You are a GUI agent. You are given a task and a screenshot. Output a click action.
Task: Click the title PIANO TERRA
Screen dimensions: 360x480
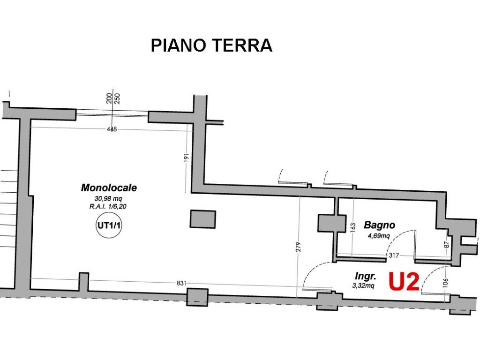point(211,45)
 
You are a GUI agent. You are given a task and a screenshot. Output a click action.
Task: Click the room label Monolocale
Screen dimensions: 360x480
point(109,188)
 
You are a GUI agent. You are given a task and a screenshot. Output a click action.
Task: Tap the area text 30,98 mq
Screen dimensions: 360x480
point(109,198)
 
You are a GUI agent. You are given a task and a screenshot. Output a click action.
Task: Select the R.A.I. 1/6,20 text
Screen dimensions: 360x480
point(109,206)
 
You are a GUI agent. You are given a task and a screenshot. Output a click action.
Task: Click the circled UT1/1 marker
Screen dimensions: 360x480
point(109,225)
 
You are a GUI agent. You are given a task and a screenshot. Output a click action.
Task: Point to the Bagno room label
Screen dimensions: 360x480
point(379,225)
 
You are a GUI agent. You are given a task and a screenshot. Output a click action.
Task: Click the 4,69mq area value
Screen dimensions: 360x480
point(378,236)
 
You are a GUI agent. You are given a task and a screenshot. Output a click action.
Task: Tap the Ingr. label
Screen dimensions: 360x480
point(366,276)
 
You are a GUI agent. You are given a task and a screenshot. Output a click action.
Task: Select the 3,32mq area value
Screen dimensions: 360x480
point(363,285)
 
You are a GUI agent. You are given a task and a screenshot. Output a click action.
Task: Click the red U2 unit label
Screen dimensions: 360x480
point(403,282)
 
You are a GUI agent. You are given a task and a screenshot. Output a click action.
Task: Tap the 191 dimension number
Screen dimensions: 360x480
point(186,158)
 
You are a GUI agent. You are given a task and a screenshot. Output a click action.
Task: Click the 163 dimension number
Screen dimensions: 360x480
point(353,227)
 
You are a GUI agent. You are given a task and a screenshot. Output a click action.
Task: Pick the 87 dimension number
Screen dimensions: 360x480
point(447,244)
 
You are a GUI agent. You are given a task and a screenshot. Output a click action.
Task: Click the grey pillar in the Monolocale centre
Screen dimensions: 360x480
point(203,219)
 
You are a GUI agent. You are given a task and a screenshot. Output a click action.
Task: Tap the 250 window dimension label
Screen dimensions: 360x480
point(117,98)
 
